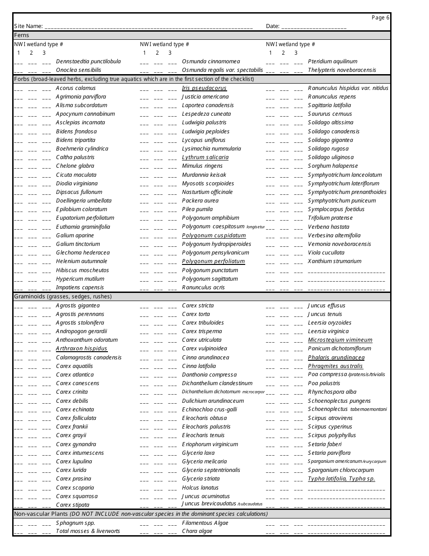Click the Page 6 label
pyautogui.click(x=380, y=18)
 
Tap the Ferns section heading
pyautogui.click(x=22, y=35)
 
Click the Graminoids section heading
pyautogui.click(x=63, y=297)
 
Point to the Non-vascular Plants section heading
pyautogui.click(x=140, y=514)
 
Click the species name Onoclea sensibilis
pyautogui.click(x=79, y=70)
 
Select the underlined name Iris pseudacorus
pyautogui.click(x=204, y=88)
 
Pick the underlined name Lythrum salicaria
pyautogui.click(x=205, y=157)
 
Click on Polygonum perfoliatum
pyautogui.click(x=213, y=261)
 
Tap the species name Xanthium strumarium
pyautogui.click(x=335, y=261)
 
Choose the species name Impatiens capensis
pyautogui.click(x=80, y=287)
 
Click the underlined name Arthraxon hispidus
pyautogui.click(x=82, y=349)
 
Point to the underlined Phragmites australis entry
pyautogui.click(x=336, y=366)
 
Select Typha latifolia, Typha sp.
pyautogui.click(x=341, y=479)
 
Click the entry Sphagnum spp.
pyautogui.click(x=75, y=523)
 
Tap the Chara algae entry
pyautogui.click(x=197, y=531)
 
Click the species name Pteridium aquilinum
pyautogui.click(x=332, y=61)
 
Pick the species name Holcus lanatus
pyautogui.click(x=200, y=488)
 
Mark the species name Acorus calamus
pyautogui.click(x=76, y=88)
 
